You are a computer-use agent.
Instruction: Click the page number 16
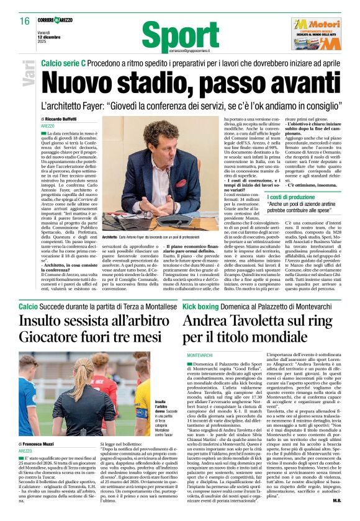pos(24,21)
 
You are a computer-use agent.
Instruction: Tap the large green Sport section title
pos(180,36)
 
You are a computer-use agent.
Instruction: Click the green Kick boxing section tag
pos(199,306)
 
